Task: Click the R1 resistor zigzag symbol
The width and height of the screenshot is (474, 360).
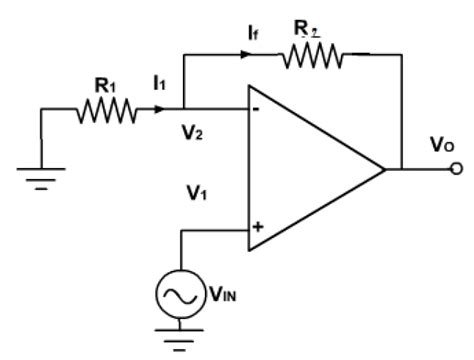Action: pyautogui.click(x=107, y=111)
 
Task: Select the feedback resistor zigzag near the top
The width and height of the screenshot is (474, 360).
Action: pyautogui.click(x=313, y=58)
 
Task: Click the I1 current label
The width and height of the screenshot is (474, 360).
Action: pyautogui.click(x=160, y=87)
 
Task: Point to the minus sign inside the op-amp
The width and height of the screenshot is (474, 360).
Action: pyautogui.click(x=258, y=112)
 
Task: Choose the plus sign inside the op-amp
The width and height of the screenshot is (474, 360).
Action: pyautogui.click(x=258, y=227)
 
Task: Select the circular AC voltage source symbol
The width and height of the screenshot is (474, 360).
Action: pyautogui.click(x=181, y=296)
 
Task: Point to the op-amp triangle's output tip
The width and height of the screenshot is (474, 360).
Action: pyautogui.click(x=384, y=169)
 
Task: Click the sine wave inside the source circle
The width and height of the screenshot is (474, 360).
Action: pyautogui.click(x=181, y=296)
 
